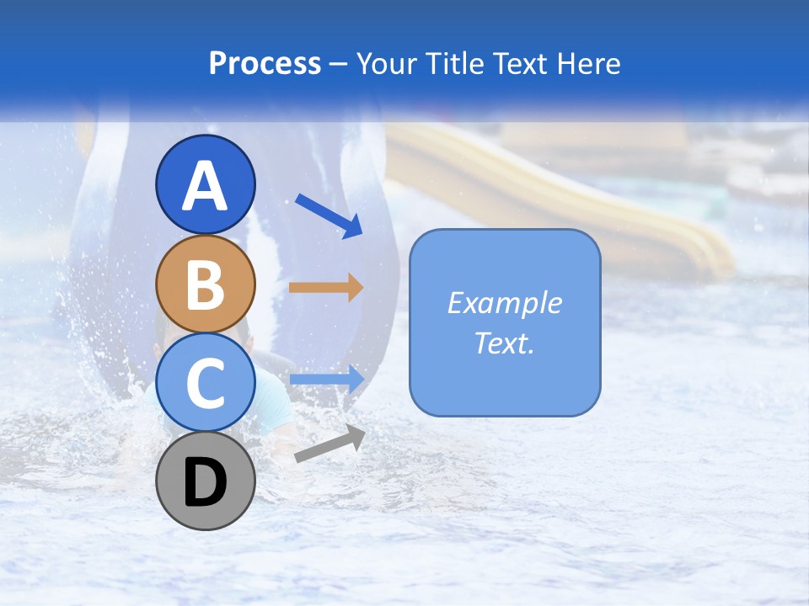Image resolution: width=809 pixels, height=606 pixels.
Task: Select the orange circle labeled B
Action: click(x=206, y=284)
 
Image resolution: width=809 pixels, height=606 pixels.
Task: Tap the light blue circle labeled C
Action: click(x=206, y=383)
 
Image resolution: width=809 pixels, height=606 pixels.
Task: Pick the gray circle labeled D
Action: click(x=206, y=481)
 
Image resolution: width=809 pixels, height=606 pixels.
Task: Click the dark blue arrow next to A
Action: click(x=329, y=215)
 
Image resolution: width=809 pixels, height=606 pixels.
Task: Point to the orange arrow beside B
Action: click(x=325, y=288)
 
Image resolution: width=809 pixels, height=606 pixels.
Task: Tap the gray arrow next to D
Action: click(x=329, y=444)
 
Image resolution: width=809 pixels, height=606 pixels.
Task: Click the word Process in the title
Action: click(x=265, y=64)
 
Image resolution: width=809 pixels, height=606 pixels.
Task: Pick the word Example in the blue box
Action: click(x=505, y=303)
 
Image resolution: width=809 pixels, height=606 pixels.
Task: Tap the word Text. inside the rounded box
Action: click(x=505, y=343)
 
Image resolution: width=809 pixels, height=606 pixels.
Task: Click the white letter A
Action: click(x=206, y=185)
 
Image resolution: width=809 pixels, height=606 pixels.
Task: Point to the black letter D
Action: click(x=206, y=484)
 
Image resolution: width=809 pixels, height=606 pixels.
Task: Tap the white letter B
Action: click(x=206, y=284)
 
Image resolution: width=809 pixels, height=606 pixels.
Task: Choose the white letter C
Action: click(x=206, y=383)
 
